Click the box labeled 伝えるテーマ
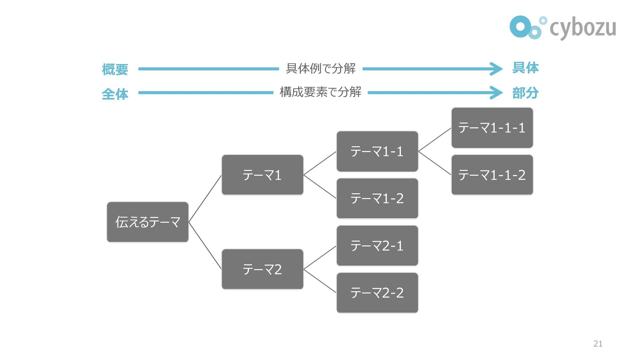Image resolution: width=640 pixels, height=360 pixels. (148, 222)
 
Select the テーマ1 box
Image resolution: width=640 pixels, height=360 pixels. (263, 175)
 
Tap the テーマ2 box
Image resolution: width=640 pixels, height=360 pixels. (263, 269)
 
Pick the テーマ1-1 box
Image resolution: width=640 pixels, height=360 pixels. (377, 151)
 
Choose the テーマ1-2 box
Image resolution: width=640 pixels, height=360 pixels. (377, 199)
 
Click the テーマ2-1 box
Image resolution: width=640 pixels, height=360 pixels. (377, 246)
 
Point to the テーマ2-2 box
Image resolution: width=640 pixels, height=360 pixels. (377, 293)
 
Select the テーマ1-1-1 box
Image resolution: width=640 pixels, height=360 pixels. (492, 128)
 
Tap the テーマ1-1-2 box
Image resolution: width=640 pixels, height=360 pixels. (492, 175)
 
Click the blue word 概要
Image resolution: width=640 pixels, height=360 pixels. (115, 69)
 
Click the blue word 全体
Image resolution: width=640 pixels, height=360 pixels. (115, 94)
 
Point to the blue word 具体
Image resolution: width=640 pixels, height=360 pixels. (525, 68)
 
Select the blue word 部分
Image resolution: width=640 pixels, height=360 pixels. (525, 93)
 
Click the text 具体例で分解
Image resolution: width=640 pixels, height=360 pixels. (321, 68)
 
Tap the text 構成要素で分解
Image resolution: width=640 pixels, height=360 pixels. (321, 92)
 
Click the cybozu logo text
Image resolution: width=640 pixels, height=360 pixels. (583, 28)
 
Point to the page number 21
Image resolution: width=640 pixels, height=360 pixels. (598, 344)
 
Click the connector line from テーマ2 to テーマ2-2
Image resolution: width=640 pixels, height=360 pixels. (320, 281)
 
